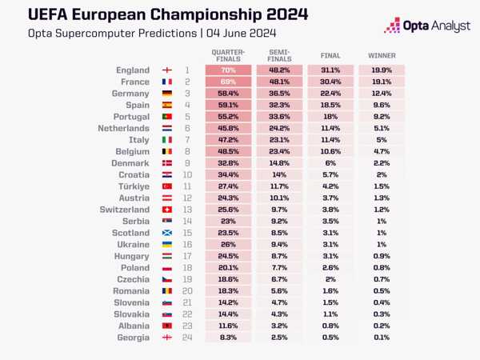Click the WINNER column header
pos(381,56)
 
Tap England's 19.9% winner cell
pos(381,70)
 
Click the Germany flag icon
pos(167,94)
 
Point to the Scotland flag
pos(167,233)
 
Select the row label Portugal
pos(128,117)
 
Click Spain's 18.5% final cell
pos(330,105)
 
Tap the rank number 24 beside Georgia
pos(186,338)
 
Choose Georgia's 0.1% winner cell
pos(381,338)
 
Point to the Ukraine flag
pos(167,245)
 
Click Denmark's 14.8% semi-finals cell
pos(279,163)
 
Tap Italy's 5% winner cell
pos(381,140)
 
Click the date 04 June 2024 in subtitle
pos(240,33)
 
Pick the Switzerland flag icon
pos(167,210)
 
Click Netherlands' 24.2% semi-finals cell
pos(279,128)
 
